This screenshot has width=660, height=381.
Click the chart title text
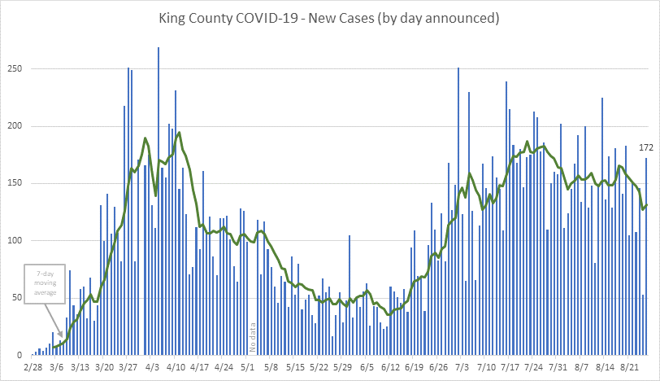pos(329,17)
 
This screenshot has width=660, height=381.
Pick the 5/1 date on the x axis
pos(247,368)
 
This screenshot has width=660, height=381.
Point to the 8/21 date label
pos(628,368)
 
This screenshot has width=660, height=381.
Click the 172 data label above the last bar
pos(646,147)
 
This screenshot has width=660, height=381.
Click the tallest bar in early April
pos(158,204)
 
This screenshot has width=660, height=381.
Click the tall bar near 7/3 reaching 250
pos(458,212)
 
